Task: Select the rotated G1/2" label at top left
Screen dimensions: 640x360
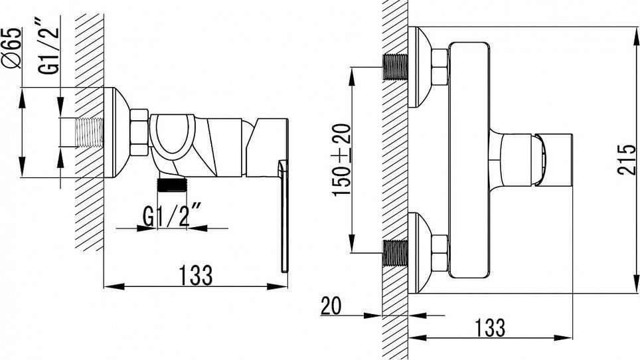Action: click(48, 50)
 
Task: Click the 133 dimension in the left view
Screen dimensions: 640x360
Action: click(196, 275)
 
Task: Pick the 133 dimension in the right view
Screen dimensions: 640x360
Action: click(490, 327)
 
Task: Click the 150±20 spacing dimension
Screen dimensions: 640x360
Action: click(341, 160)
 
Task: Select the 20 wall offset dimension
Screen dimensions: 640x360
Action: click(331, 306)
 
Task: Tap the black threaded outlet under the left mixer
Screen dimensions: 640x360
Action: click(172, 185)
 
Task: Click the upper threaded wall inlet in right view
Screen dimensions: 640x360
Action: click(396, 66)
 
